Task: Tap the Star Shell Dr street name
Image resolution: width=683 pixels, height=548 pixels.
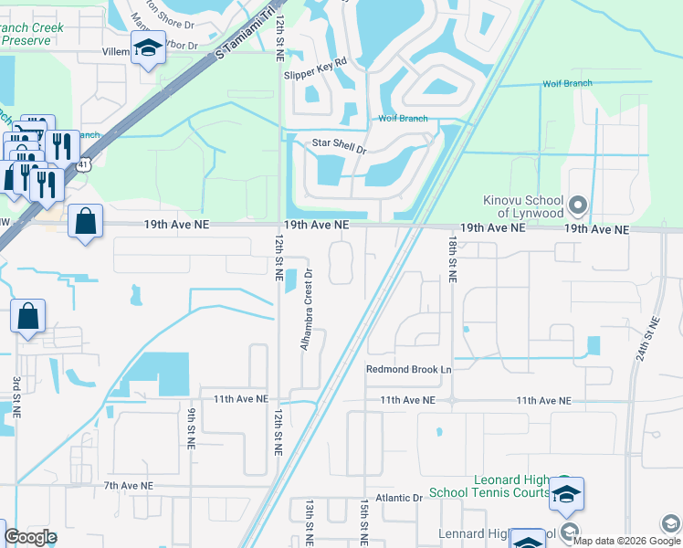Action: [339, 144]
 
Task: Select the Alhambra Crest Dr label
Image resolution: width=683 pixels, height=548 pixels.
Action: [308, 309]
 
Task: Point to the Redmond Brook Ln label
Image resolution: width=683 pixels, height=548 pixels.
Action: [409, 370]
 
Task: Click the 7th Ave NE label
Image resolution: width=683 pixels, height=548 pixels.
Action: [129, 486]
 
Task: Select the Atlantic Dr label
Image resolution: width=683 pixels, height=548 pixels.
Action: [405, 499]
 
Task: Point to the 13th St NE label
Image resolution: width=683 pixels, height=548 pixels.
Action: [310, 522]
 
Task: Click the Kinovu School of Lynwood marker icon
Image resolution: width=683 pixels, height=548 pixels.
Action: [577, 203]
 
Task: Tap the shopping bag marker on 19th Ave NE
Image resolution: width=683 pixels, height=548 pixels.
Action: [84, 221]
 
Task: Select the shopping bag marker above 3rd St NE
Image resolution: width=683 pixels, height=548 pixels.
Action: [27, 316]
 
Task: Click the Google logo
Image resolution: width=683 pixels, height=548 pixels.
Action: [31, 537]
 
